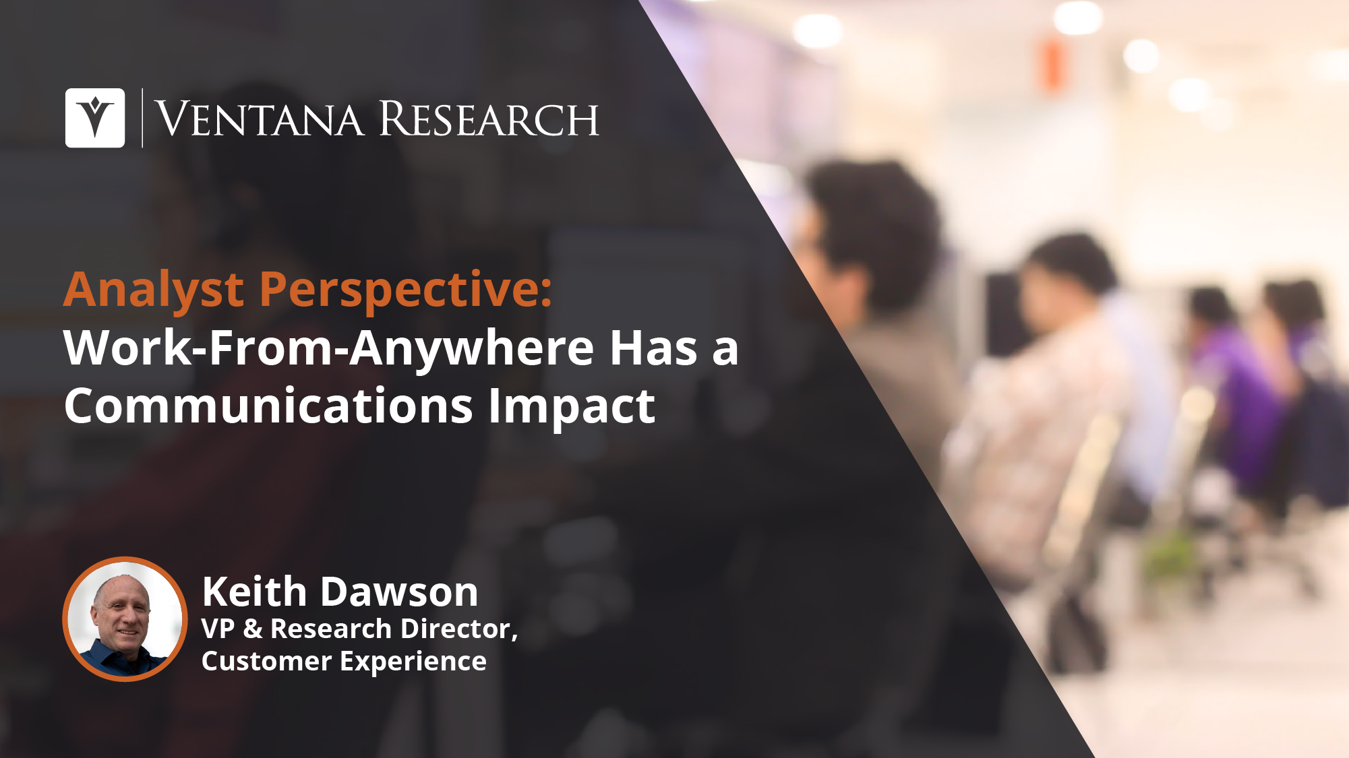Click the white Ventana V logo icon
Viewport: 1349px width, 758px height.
95,118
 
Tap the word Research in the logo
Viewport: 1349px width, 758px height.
489,119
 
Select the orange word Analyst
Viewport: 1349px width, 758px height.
154,290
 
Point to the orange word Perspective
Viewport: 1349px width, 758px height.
405,290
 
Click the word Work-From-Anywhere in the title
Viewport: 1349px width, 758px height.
329,349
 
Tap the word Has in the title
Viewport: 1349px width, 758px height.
653,348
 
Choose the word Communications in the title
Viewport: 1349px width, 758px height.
268,406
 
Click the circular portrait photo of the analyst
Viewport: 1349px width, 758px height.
125,619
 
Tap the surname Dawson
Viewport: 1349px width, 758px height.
399,592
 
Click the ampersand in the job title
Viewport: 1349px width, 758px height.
253,629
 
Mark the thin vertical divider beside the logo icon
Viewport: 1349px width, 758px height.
142,118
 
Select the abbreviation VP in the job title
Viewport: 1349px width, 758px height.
218,629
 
